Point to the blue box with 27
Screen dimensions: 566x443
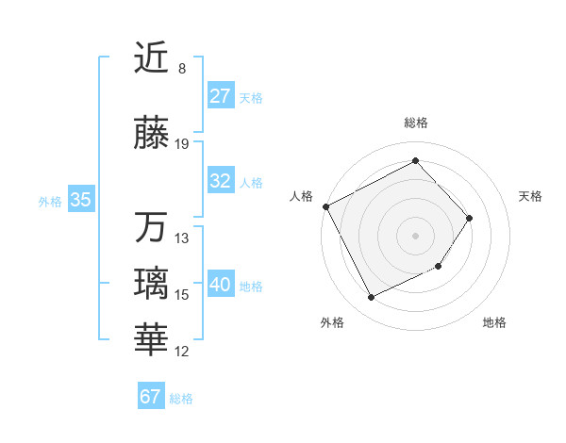coord(221,96)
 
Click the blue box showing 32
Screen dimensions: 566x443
coord(221,181)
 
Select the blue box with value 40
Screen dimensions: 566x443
coord(221,285)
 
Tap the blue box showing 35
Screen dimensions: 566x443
coord(80,200)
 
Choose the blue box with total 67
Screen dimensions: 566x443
coord(151,397)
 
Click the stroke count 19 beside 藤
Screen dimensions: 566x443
coord(182,144)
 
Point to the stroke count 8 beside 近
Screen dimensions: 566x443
coord(182,69)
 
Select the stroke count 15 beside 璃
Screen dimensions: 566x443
coord(182,295)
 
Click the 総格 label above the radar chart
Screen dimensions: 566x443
coord(415,123)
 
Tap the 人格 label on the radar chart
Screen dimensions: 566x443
coord(302,196)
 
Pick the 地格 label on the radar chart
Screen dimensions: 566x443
coord(494,322)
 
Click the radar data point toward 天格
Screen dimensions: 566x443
coord(470,219)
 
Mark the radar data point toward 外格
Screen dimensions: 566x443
coord(371,298)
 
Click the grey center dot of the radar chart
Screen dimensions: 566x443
coord(415,236)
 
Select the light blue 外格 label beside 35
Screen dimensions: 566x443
coord(50,201)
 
